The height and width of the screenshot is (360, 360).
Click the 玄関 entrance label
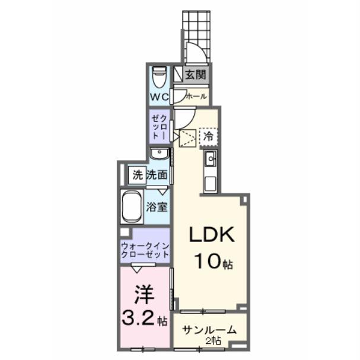click(195, 75)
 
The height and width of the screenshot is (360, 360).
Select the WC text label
click(159, 97)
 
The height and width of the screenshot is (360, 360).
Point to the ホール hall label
click(196, 96)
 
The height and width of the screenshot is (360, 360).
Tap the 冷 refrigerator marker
click(208, 136)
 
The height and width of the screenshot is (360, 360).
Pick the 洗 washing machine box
click(138, 175)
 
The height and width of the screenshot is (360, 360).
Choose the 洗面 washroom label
click(157, 175)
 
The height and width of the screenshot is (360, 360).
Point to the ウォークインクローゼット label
click(145, 249)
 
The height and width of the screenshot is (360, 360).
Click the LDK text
click(212, 235)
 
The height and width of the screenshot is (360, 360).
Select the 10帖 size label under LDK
click(212, 260)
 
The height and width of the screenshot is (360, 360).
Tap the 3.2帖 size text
click(145, 321)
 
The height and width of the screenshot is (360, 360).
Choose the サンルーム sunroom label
click(209, 330)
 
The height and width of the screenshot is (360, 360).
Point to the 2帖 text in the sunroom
click(214, 341)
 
